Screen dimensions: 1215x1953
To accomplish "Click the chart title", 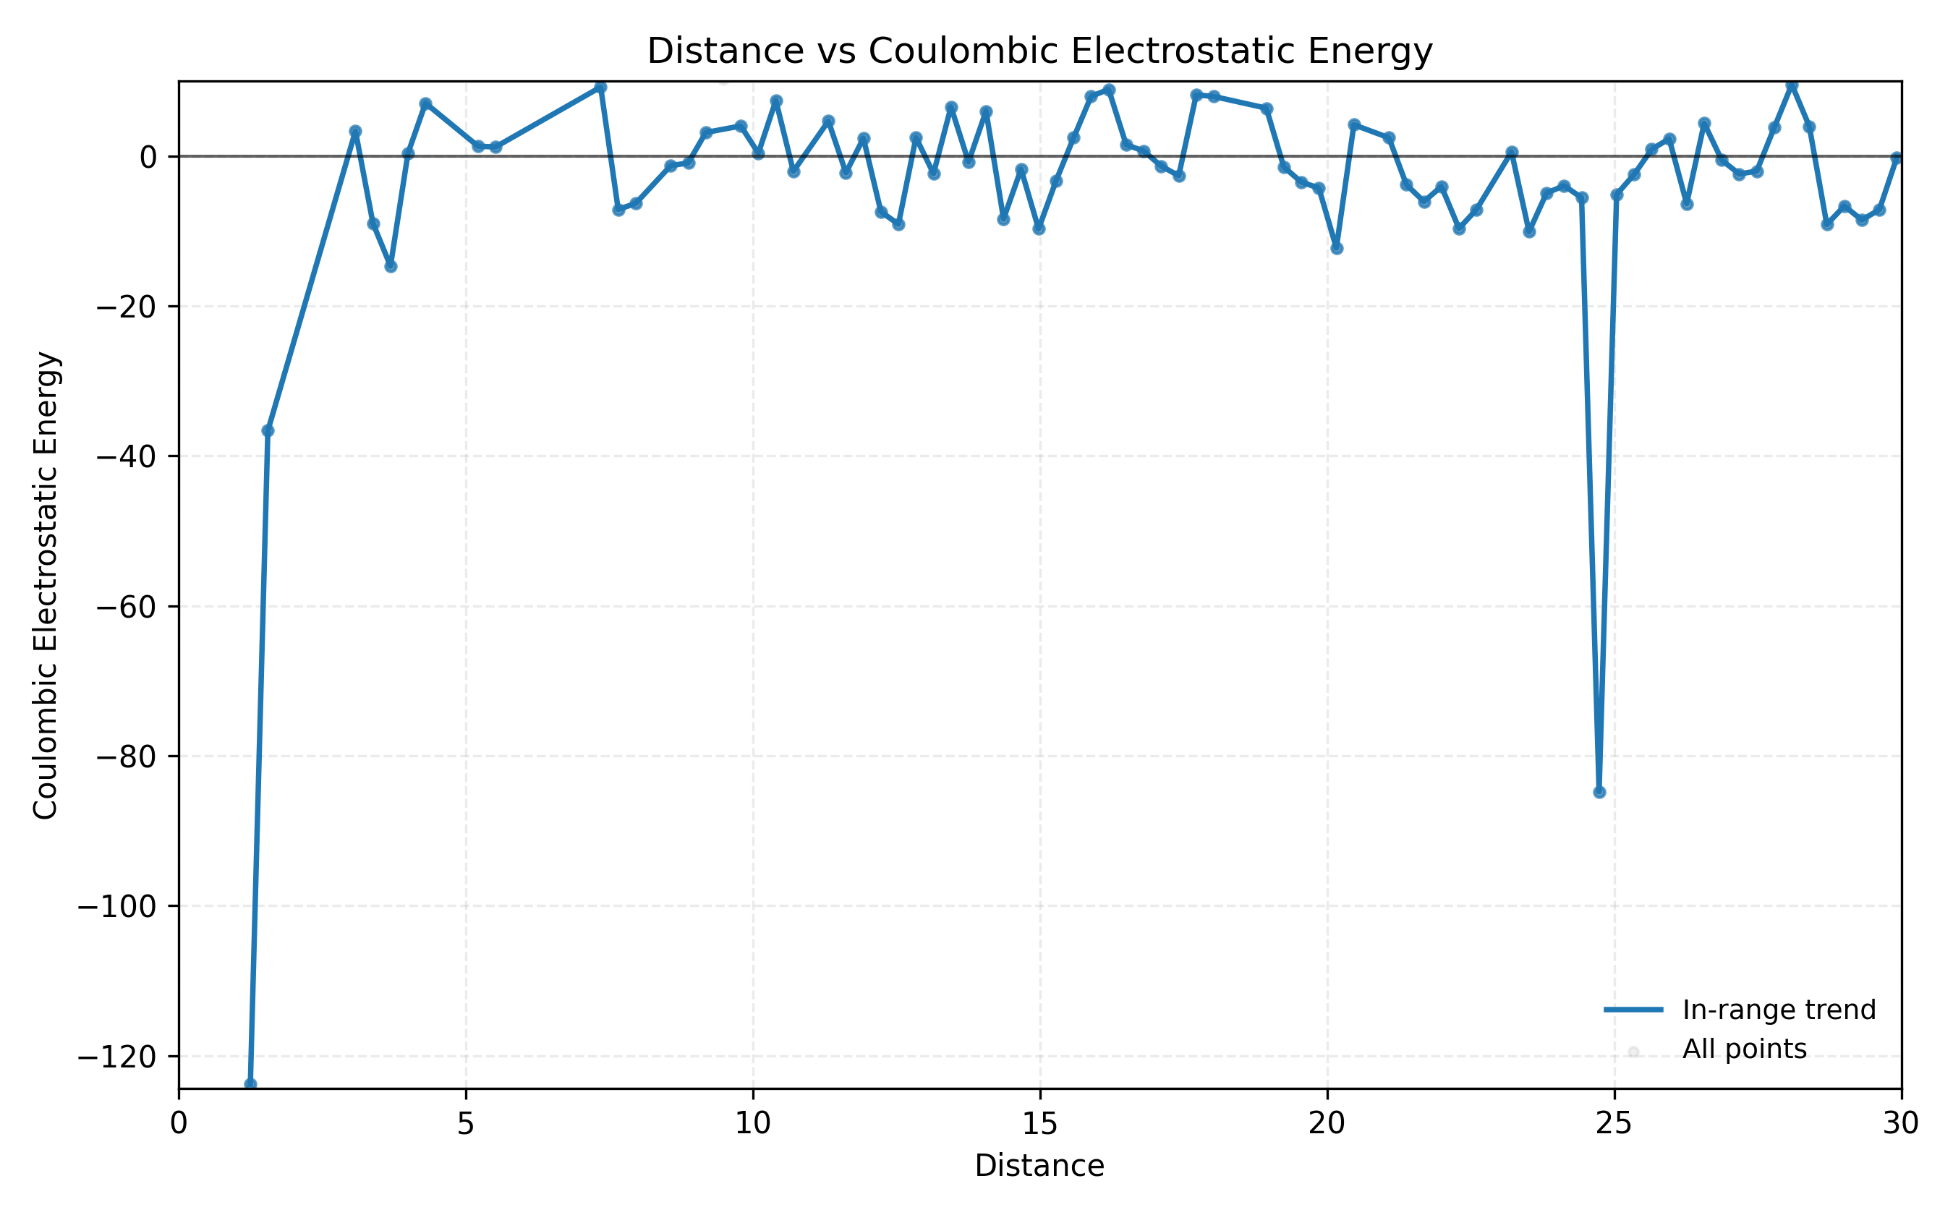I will (x=1039, y=51).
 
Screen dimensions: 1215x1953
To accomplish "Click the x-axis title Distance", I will (x=1039, y=1166).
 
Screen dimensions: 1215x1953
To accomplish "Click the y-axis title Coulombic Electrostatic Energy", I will (x=46, y=585).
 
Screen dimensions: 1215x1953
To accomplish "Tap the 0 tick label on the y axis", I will (x=148, y=158).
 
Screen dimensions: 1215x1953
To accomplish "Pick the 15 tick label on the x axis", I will (x=1040, y=1124).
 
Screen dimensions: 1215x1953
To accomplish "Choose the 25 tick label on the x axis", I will (x=1614, y=1124).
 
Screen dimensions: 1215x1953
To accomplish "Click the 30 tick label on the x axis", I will (x=1901, y=1124).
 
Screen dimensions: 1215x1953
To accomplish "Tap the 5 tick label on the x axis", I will (x=465, y=1124).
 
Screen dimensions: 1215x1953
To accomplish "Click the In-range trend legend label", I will (x=1779, y=1010).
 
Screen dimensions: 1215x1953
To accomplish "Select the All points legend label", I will (x=1744, y=1049).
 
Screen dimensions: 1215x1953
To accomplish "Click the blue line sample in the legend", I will (x=1633, y=1010).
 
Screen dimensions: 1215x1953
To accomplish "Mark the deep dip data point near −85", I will (x=1599, y=793).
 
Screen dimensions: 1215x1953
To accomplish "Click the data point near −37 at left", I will (x=268, y=432).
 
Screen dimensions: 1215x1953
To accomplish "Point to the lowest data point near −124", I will (x=251, y=1084).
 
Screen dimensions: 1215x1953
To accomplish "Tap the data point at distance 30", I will (x=1897, y=158).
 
